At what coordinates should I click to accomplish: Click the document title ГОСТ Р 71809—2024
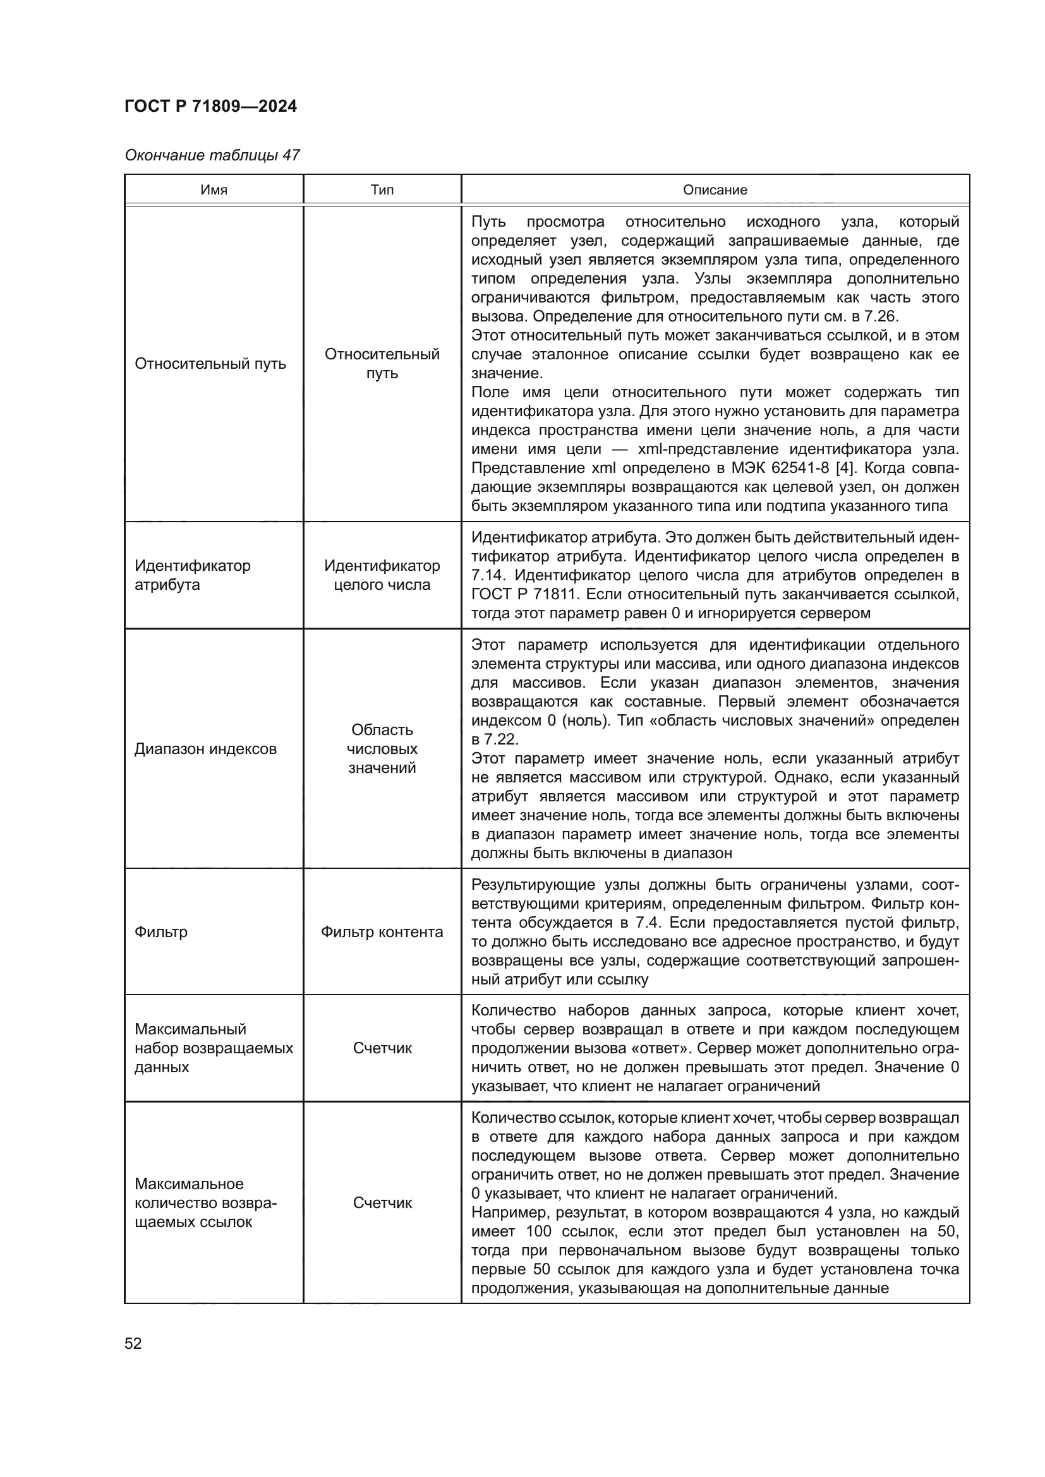[210, 106]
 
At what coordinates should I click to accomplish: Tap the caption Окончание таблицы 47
[212, 155]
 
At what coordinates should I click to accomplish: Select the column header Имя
[214, 190]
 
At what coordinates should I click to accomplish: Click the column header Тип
[382, 190]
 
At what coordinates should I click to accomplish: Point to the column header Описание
[715, 190]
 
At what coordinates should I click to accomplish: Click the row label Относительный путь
[210, 364]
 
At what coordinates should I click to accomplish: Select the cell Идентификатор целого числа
[382, 575]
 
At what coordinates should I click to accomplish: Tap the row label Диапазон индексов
[205, 748]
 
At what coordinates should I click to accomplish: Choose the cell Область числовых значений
[382, 748]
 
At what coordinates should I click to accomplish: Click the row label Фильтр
[161, 931]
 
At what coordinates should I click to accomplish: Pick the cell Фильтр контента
[382, 931]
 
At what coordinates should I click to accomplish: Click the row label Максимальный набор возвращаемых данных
[213, 1048]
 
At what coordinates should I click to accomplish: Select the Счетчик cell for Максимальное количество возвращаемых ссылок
[382, 1202]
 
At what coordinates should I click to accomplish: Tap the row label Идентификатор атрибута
[193, 575]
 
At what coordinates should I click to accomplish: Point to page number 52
[133, 1343]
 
